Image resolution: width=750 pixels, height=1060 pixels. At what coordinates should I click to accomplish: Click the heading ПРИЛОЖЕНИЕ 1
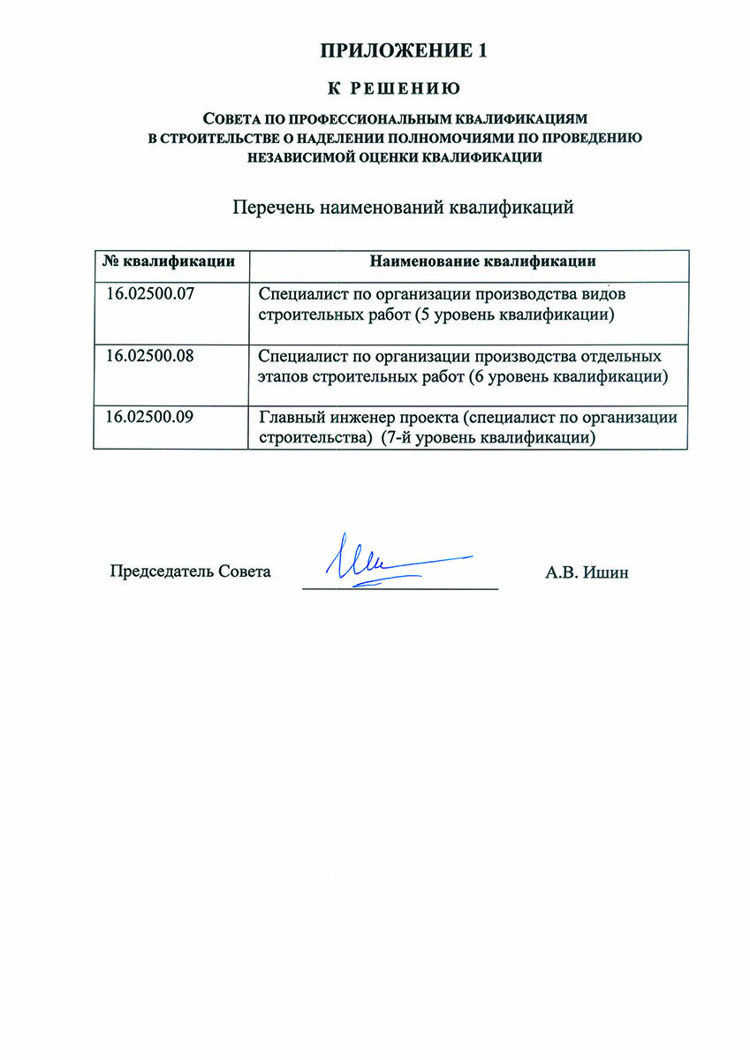[404, 51]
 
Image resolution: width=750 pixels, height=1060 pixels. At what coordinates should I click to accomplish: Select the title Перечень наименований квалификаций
[404, 208]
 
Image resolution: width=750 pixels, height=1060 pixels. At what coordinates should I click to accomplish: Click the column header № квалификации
[170, 261]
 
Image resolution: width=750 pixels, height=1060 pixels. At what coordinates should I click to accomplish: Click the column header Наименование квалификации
[482, 261]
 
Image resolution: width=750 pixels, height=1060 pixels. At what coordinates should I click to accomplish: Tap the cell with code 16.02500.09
[149, 418]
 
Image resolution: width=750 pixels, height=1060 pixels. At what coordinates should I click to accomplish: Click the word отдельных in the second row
[629, 357]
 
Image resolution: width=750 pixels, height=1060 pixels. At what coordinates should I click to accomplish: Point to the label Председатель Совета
[190, 572]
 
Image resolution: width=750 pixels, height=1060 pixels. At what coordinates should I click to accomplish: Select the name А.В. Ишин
[587, 572]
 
